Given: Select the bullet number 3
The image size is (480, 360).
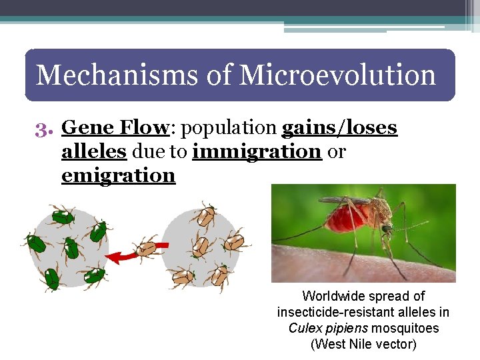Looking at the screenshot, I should (x=44, y=127).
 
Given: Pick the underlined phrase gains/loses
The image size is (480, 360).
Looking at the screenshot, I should (x=339, y=127).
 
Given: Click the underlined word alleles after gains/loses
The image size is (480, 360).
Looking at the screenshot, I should (x=93, y=151).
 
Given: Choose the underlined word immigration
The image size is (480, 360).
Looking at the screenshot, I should (x=257, y=151).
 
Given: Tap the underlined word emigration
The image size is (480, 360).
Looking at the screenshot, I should (x=118, y=175).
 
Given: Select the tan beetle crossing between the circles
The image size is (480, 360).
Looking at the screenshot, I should (x=148, y=248).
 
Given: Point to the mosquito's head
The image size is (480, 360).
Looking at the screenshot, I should (x=387, y=229).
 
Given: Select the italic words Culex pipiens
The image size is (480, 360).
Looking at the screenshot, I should (x=328, y=328).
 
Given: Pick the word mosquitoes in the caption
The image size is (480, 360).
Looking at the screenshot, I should (x=405, y=328).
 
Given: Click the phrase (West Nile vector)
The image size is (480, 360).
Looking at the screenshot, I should (x=363, y=344).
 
